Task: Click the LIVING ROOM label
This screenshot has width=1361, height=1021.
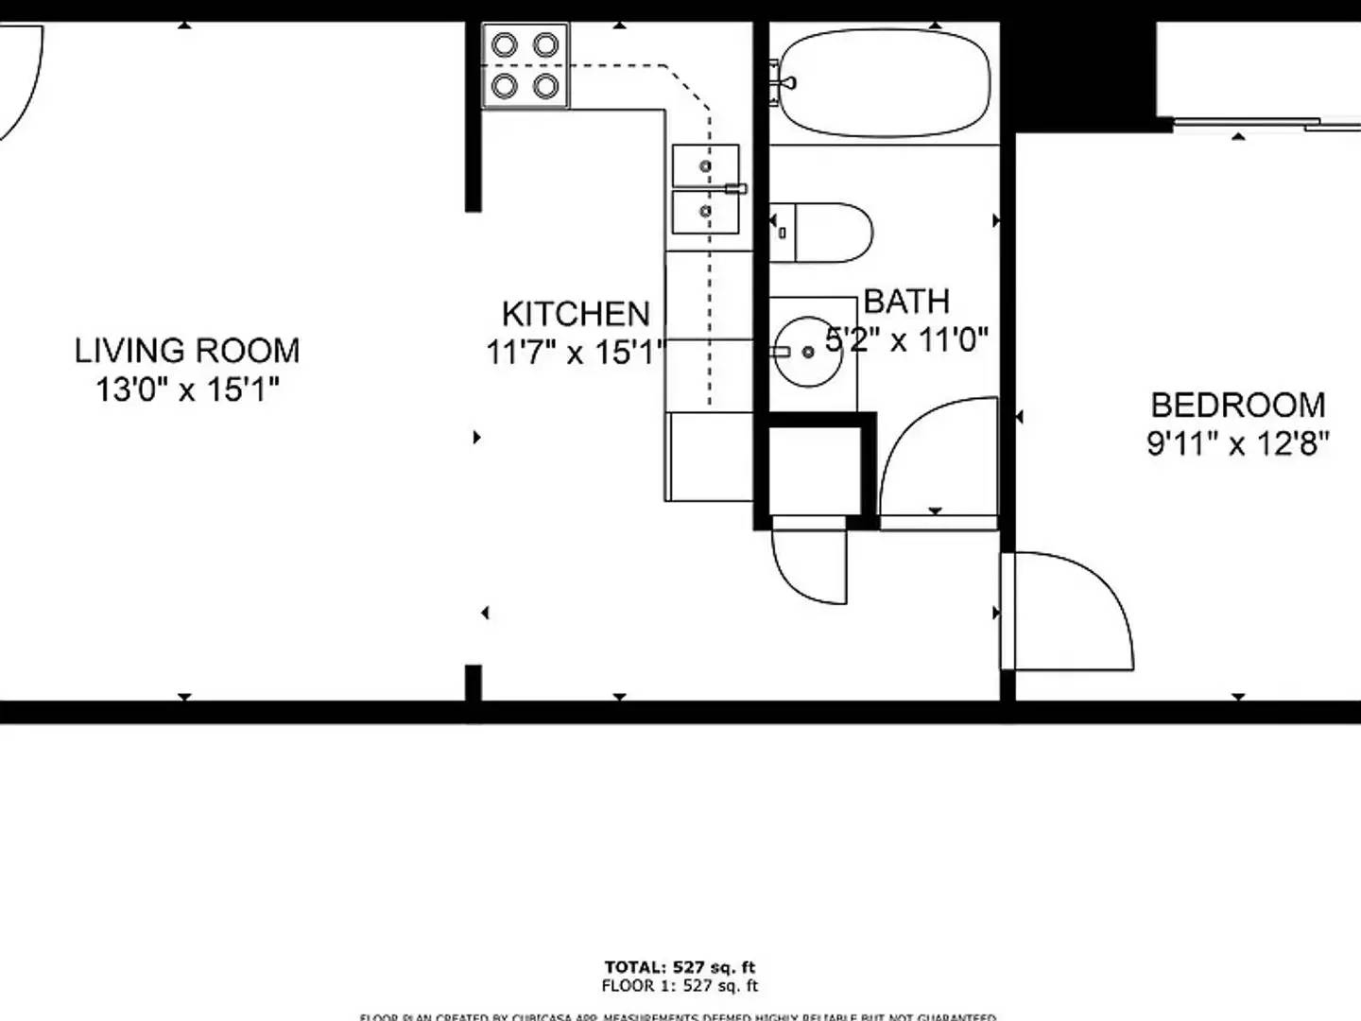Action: click(187, 351)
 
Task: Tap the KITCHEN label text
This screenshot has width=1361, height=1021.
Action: click(575, 314)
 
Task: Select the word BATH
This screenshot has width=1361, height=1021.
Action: click(906, 302)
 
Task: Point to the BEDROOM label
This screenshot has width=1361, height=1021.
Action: click(1237, 405)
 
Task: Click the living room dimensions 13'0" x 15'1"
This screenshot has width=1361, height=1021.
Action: click(187, 389)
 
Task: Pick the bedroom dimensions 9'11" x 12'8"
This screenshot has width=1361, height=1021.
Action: click(1237, 442)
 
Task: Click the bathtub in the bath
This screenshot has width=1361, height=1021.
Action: click(884, 83)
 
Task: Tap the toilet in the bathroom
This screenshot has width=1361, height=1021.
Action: click(820, 232)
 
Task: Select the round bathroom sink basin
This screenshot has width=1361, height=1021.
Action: click(808, 352)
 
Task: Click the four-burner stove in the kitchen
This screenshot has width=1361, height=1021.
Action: click(525, 65)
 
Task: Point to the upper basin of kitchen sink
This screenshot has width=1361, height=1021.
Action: click(705, 166)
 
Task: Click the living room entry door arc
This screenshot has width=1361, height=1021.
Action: click(21, 80)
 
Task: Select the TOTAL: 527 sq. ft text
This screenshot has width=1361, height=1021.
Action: click(680, 967)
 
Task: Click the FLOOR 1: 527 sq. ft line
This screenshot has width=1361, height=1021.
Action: click(680, 986)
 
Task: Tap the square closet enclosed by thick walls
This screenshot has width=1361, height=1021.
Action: click(814, 470)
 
